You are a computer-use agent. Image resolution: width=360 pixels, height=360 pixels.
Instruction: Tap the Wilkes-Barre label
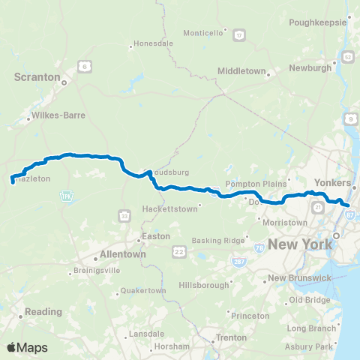[58, 116]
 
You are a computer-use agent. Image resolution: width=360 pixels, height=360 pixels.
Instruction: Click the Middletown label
[242, 70]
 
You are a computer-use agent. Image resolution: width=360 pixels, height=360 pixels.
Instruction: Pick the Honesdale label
[154, 44]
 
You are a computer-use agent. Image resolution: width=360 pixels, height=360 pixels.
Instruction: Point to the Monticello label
[205, 33]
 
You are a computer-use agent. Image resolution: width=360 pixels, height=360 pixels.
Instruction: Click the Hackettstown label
[172, 208]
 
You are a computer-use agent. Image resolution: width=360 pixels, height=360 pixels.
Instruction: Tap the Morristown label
[284, 222]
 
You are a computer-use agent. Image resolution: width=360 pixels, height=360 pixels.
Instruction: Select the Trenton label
[230, 338]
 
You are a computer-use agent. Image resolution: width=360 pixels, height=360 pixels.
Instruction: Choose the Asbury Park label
[314, 346]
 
